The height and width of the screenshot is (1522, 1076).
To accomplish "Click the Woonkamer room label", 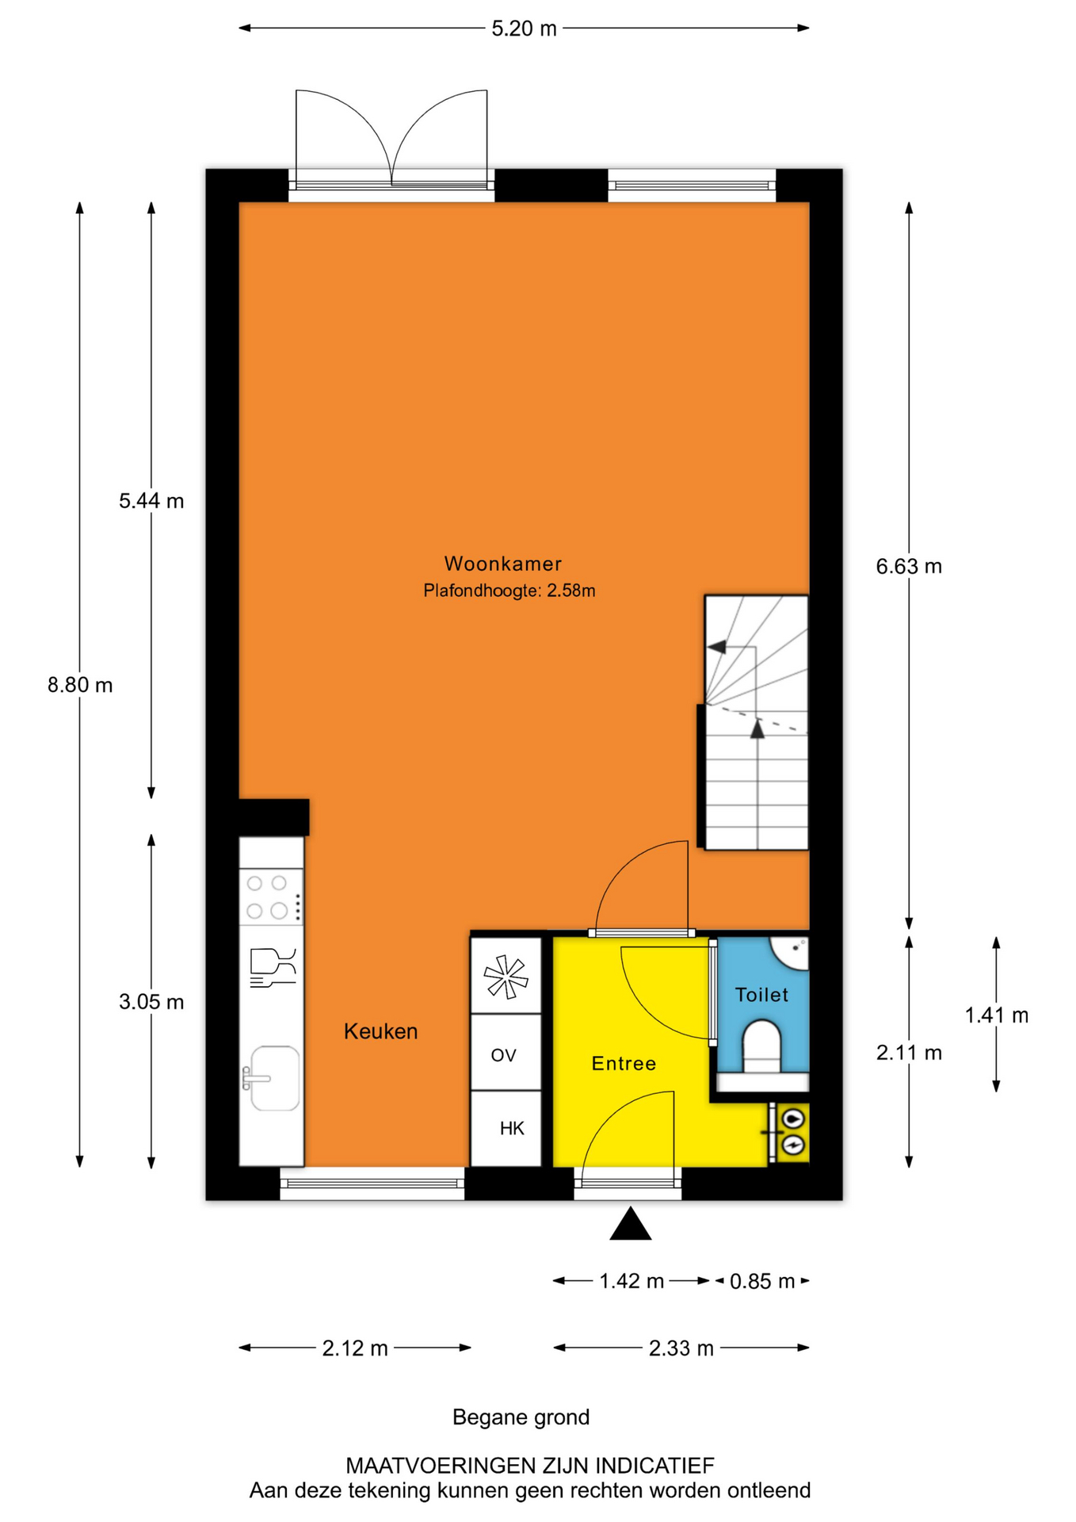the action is pos(502,564).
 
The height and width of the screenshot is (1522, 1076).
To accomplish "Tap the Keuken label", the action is pos(380,1031).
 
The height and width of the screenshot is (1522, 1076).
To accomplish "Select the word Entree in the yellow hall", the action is pos(624,1063).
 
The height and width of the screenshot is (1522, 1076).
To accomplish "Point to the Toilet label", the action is pos(761,995).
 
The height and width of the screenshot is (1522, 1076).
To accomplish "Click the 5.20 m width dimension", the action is pos(524,29).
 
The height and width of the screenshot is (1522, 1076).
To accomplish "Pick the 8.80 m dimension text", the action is pos(80,685).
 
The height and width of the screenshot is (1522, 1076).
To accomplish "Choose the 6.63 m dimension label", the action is pos(909,566).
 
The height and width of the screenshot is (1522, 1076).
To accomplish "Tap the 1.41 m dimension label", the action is pos(996,1015).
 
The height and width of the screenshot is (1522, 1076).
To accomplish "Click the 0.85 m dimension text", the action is pos(762,1281).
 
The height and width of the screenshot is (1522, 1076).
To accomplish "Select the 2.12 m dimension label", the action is pos(355,1348).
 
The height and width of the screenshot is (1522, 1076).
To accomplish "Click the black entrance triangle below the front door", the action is pos(630,1225).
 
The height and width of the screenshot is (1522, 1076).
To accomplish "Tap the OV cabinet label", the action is pos(503,1055).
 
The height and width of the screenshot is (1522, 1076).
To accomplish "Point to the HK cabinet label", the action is pos(512,1128).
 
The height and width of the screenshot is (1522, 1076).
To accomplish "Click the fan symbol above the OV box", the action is pos(506,976).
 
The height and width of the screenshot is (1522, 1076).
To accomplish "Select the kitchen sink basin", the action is pos(274,1078).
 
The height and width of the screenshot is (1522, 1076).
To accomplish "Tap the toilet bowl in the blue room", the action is pos(762,1046).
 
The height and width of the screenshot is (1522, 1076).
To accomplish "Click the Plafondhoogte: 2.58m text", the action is pos(509,591).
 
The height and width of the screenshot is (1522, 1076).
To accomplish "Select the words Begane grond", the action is pos(521,1417).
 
